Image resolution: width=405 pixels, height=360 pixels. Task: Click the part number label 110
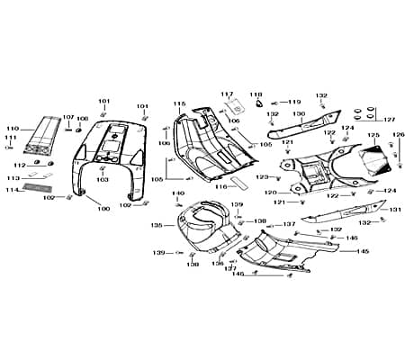(12, 129)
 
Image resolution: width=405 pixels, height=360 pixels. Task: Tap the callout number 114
(12, 190)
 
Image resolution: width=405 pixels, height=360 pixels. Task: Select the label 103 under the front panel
(103, 180)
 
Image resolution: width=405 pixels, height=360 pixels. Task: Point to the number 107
(68, 117)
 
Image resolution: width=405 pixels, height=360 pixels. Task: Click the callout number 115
(179, 103)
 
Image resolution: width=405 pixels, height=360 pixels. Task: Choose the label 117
(227, 94)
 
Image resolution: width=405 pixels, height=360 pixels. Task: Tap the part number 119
(294, 102)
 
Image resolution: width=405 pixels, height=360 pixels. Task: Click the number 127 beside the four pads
(389, 119)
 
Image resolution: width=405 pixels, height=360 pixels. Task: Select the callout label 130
(298, 114)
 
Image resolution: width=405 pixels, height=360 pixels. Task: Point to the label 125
(373, 136)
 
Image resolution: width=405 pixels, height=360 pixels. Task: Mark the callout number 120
(270, 193)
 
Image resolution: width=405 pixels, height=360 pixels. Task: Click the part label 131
(394, 210)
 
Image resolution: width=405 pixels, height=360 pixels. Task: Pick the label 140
(178, 193)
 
